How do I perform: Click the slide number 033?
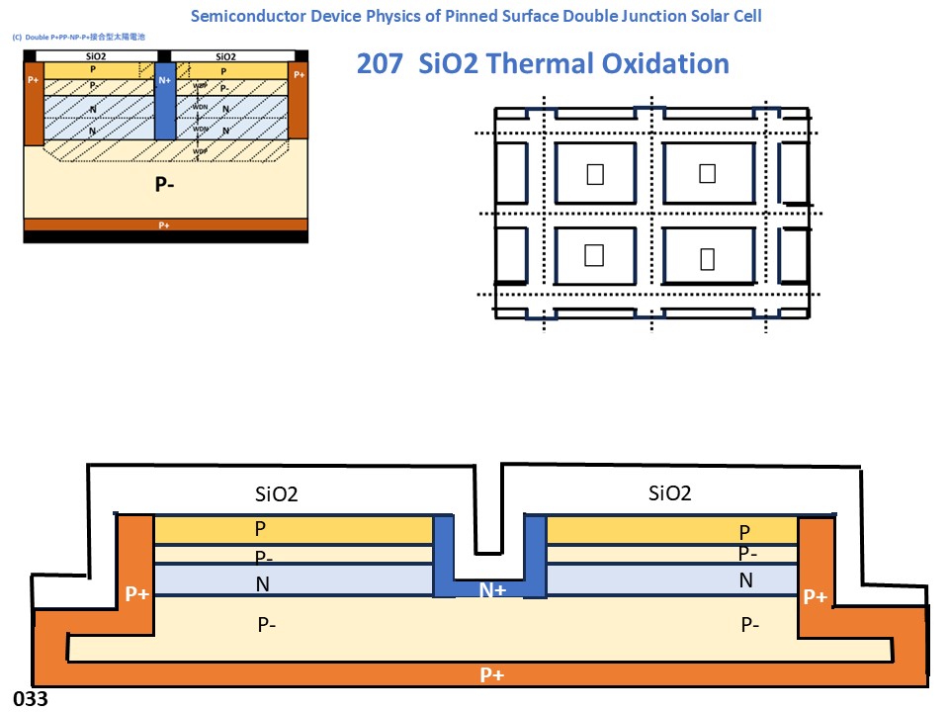(x=30, y=699)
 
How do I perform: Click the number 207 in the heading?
(x=379, y=64)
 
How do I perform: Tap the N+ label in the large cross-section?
(x=492, y=590)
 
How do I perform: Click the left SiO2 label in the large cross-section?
(x=276, y=494)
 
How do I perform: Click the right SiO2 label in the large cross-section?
(x=669, y=492)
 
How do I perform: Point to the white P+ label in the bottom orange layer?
(x=492, y=674)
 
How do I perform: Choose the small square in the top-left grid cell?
(x=594, y=174)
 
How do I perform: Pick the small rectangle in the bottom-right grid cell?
(x=707, y=259)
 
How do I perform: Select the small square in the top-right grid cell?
(x=707, y=173)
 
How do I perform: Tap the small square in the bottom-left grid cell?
(x=594, y=255)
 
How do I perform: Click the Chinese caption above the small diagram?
(x=78, y=37)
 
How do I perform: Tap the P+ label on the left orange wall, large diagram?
(x=137, y=593)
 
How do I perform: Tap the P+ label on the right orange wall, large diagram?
(x=816, y=596)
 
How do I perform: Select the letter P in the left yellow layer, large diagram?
(x=261, y=529)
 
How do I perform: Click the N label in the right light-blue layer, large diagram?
(x=746, y=580)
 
